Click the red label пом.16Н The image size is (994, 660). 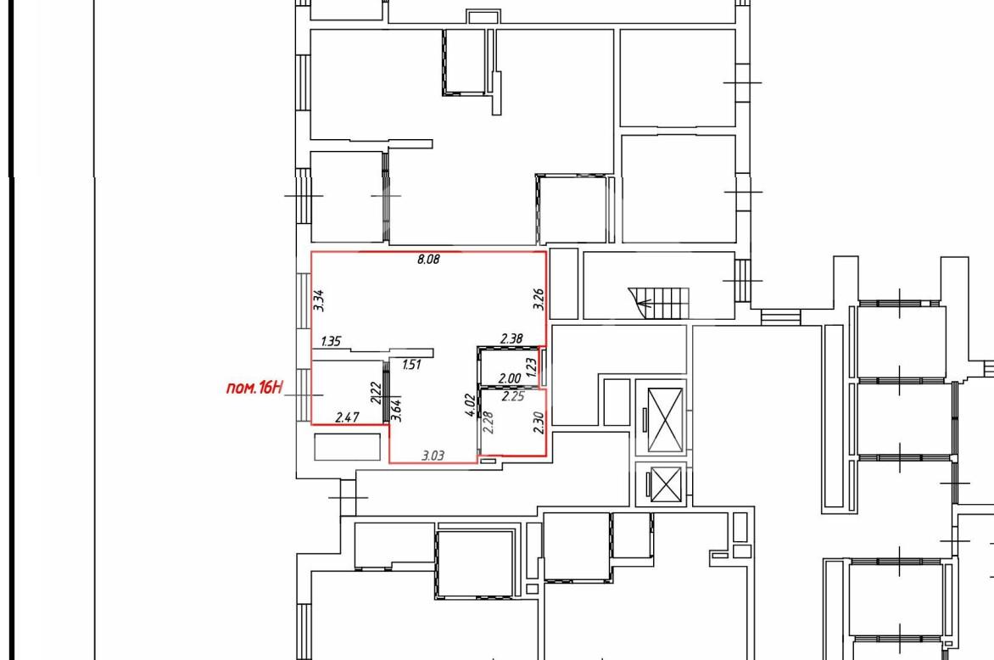click(x=254, y=388)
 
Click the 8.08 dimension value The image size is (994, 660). click(x=428, y=259)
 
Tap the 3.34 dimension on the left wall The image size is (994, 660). click(x=319, y=300)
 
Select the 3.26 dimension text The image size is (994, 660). click(x=539, y=299)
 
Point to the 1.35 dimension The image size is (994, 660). click(x=331, y=341)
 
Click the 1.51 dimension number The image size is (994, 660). click(x=411, y=365)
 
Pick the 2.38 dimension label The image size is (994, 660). click(x=511, y=338)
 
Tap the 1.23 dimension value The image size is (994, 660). click(x=531, y=366)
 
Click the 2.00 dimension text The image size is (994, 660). click(x=510, y=378)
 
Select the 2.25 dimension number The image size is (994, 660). click(x=513, y=397)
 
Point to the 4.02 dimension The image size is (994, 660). click(x=470, y=406)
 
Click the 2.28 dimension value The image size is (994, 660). click(x=489, y=422)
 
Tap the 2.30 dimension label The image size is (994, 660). click(x=539, y=422)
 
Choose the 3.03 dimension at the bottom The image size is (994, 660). click(x=433, y=456)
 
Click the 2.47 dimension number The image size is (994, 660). click(x=347, y=417)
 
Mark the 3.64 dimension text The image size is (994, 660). click(x=397, y=411)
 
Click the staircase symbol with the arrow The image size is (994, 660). click(x=659, y=304)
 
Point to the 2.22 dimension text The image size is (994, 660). click(x=376, y=393)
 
